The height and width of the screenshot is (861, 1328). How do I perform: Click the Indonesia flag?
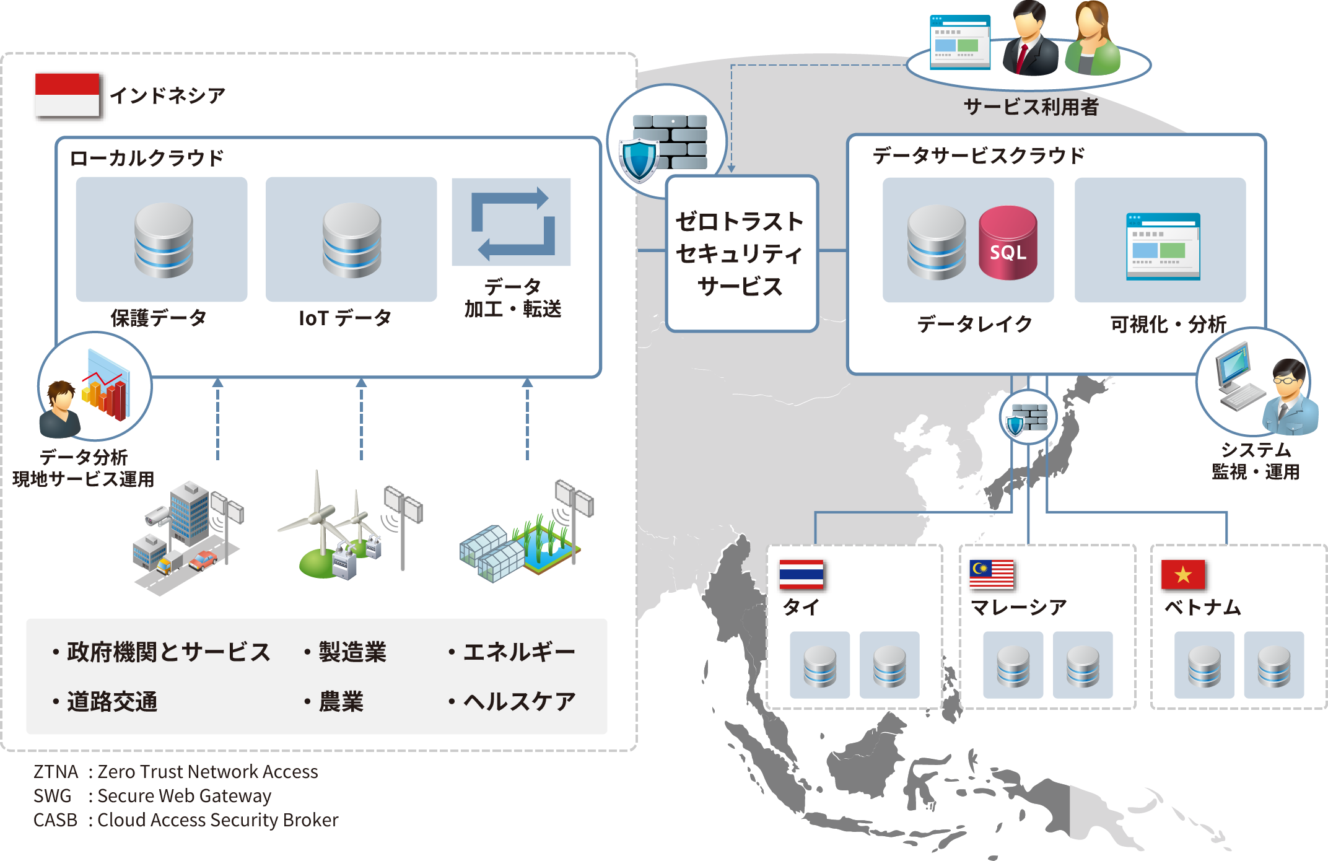point(67,95)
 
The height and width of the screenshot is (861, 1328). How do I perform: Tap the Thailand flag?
point(802,574)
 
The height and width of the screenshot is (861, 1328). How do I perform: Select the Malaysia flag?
point(992,574)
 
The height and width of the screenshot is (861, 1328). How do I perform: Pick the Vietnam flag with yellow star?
point(1183,574)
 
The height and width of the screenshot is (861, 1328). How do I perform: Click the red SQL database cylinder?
point(1008,243)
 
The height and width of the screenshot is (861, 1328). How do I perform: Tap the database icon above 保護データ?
point(164,240)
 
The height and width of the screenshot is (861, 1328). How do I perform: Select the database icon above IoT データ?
point(351,240)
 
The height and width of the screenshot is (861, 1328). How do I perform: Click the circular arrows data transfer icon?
point(512,223)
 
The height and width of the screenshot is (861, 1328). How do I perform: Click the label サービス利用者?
point(1031,107)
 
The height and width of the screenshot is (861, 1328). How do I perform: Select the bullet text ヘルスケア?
point(519,701)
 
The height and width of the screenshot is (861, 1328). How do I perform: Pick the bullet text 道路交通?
point(111,702)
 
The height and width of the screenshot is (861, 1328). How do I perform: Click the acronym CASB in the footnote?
point(55,819)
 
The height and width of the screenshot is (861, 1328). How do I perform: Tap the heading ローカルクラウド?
point(146,158)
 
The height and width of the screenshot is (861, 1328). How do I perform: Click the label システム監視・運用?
point(1256,461)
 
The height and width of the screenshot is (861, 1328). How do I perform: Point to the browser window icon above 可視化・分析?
point(1163,246)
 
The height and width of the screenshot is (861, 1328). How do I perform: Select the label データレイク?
point(974,323)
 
